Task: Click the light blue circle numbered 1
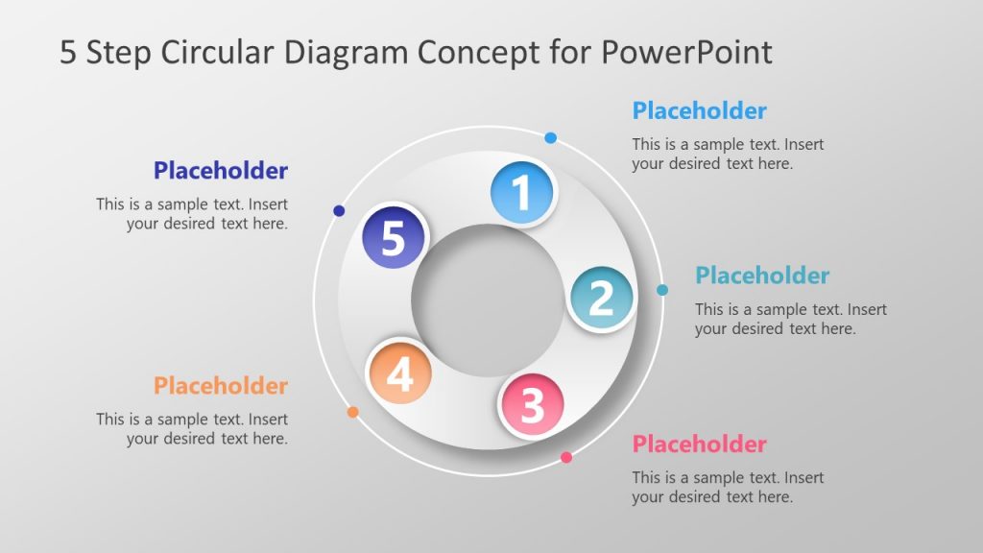click(x=522, y=192)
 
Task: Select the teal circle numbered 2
click(x=601, y=299)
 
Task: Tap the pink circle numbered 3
click(x=532, y=405)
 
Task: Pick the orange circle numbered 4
click(x=399, y=373)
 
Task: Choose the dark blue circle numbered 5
click(x=394, y=237)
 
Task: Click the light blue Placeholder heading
click(x=699, y=110)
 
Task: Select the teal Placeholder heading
click(x=762, y=276)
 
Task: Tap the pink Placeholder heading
click(x=699, y=444)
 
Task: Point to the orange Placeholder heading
click(x=221, y=385)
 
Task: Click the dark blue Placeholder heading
click(x=221, y=171)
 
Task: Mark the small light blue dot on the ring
click(x=550, y=138)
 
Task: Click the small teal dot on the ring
click(x=662, y=290)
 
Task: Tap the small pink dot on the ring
click(x=566, y=457)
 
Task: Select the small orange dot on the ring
click(x=352, y=412)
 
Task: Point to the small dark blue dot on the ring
click(x=339, y=210)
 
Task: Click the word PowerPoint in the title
click(x=686, y=52)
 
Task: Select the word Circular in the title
click(x=218, y=52)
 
